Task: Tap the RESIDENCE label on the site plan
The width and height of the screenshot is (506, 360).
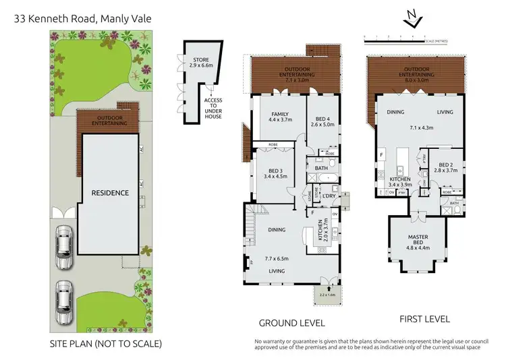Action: pos(111,193)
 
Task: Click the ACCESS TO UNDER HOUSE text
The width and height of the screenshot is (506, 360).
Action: pos(213,109)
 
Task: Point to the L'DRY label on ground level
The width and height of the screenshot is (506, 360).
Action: pos(329,196)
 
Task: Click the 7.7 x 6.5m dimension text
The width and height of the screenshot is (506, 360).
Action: pos(277,258)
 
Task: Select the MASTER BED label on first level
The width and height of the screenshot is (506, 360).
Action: pos(418,241)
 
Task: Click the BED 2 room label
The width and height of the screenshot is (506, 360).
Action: pos(448,169)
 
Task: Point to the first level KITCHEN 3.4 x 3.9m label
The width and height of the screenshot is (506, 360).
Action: pos(401,181)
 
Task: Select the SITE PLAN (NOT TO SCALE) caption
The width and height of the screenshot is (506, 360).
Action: pos(106,344)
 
